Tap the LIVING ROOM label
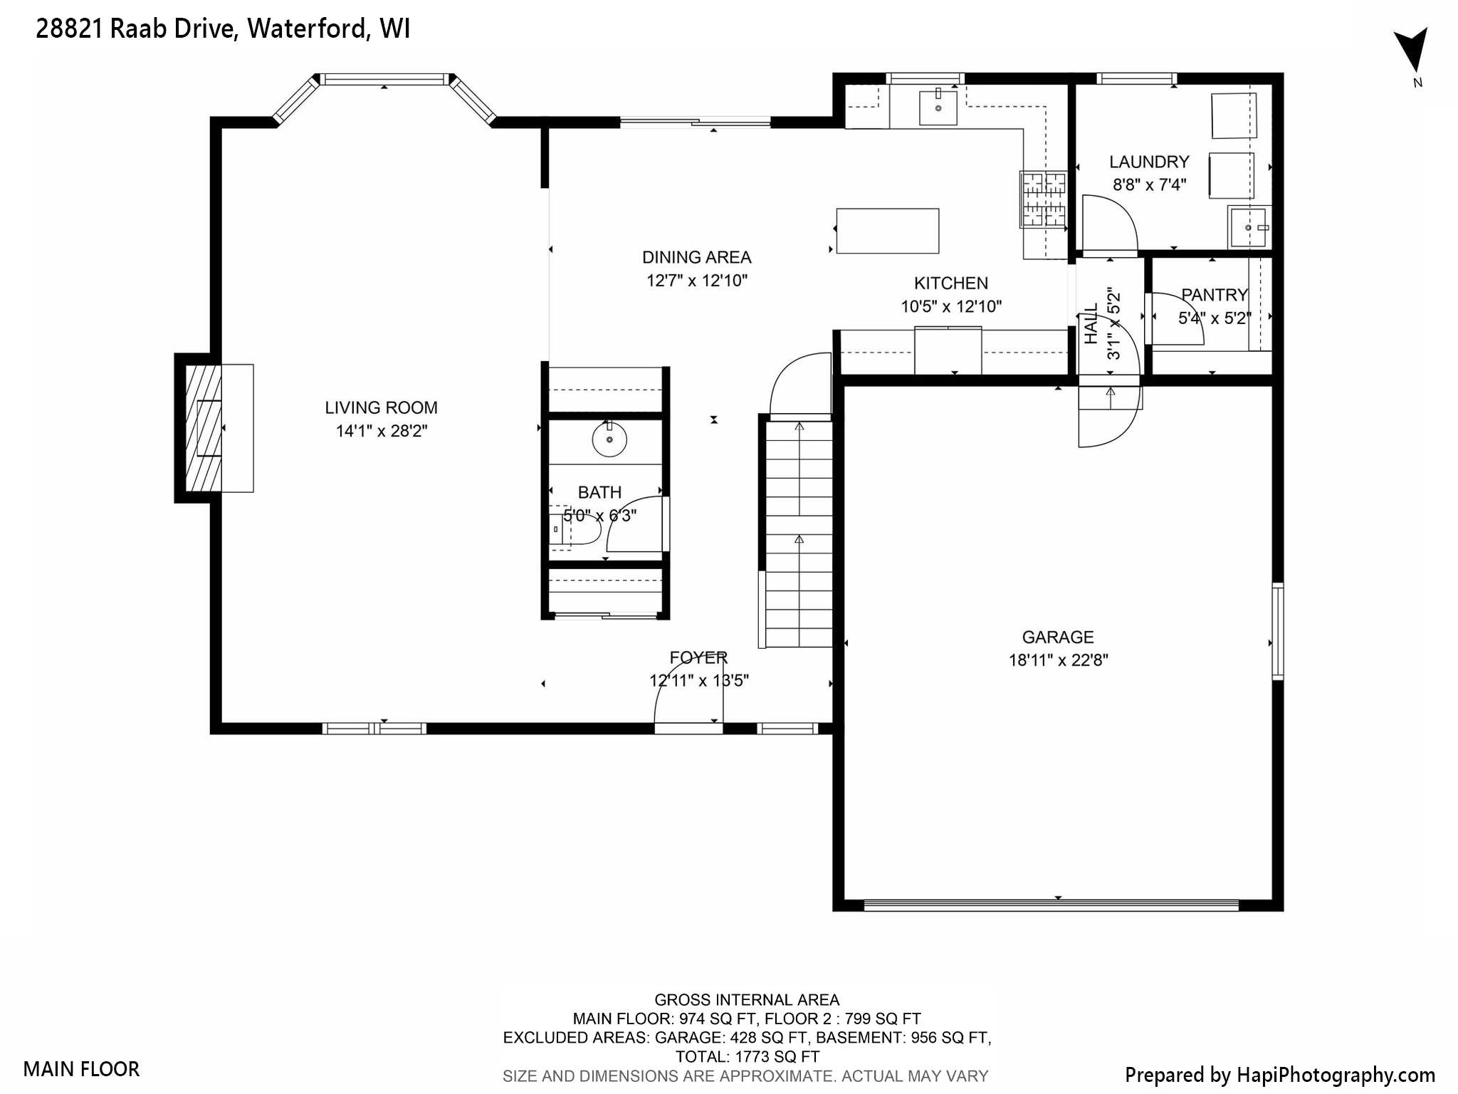click(x=381, y=407)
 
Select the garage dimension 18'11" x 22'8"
click(x=1058, y=660)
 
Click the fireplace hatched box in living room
click(x=203, y=428)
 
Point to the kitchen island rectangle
click(x=887, y=231)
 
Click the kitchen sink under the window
click(x=938, y=108)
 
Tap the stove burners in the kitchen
click(x=1044, y=199)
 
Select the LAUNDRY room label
click(x=1148, y=162)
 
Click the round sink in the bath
click(x=609, y=439)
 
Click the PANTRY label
click(x=1215, y=294)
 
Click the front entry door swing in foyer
click(x=688, y=702)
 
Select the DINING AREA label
click(x=696, y=257)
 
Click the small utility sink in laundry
click(x=1249, y=226)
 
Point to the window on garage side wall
click(x=1277, y=631)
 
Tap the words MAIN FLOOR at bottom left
click(x=81, y=1068)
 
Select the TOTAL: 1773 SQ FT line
click(x=747, y=1056)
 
